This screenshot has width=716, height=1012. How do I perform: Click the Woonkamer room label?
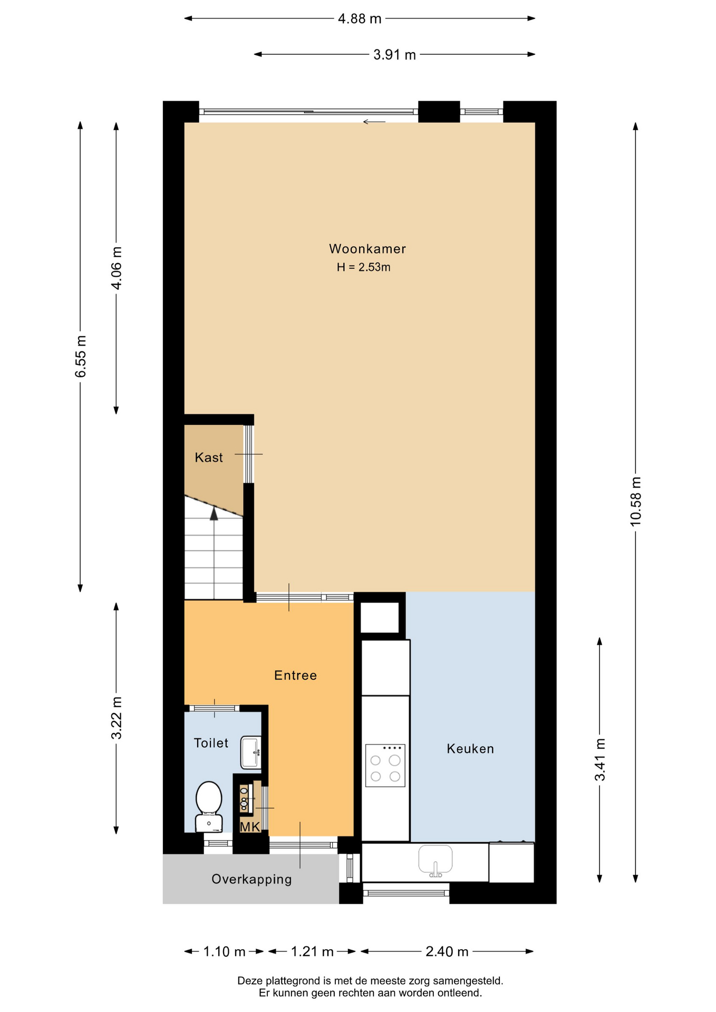pos(367,249)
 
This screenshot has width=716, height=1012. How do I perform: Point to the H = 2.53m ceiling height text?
pos(364,267)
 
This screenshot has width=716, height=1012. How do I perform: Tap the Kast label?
pos(209,458)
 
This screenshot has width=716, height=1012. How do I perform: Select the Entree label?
pos(295,675)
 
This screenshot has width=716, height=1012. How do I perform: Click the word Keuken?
pos(470,748)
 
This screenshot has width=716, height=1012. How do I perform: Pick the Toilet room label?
pos(211,743)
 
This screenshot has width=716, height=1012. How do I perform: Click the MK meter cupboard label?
pos(250,826)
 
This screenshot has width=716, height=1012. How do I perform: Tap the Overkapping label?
pos(251,879)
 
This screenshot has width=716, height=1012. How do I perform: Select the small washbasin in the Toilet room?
pos(250,752)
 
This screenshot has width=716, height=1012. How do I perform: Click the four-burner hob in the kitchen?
pos(385,765)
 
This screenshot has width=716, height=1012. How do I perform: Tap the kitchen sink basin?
pos(436,861)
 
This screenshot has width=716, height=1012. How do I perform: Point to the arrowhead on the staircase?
pos(214,514)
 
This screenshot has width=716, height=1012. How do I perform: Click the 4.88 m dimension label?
pos(360,19)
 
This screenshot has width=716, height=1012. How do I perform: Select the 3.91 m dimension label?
pos(394,55)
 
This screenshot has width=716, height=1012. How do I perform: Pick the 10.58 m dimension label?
pos(636,501)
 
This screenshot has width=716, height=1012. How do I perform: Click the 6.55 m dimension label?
pos(81,356)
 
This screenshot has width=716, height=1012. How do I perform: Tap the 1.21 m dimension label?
pos(312,951)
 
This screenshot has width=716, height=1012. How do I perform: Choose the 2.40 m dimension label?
pos(447,951)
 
